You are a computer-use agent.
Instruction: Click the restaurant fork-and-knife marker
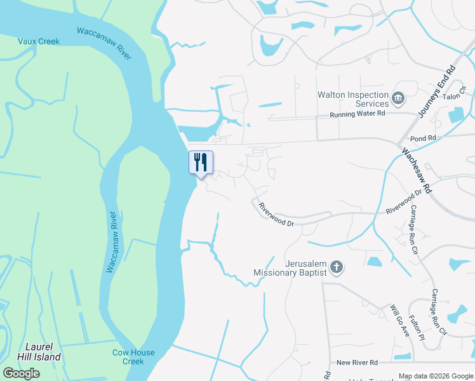coord(201,163)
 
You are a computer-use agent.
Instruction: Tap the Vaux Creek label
coord(38,41)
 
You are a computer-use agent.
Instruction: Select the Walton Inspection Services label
coord(353,99)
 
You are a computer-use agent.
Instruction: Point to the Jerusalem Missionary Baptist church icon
coord(337,267)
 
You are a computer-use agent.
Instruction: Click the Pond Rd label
coord(424,138)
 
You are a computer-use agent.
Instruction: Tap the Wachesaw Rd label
coord(417,171)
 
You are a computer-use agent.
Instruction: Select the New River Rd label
coord(357,362)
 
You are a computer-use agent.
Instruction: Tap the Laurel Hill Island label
coord(43,352)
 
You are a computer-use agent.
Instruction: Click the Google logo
coord(21,373)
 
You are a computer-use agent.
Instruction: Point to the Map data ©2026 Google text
coord(436,376)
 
